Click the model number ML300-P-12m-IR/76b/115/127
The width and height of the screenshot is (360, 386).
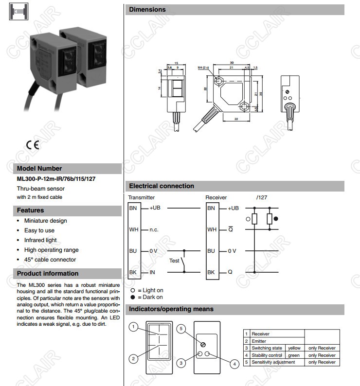pyautogui.click(x=56, y=179)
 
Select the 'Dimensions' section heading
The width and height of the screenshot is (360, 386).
pyautogui.click(x=147, y=10)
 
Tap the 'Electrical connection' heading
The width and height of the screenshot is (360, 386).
pyautogui.click(x=162, y=186)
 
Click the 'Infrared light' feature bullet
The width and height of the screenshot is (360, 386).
pyautogui.click(x=40, y=240)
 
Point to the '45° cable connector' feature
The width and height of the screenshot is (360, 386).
pyautogui.click(x=50, y=260)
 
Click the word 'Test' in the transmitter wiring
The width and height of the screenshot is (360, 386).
pyautogui.click(x=174, y=261)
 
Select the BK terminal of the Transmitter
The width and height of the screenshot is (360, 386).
pyautogui.click(x=133, y=272)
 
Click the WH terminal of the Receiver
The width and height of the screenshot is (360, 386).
pyautogui.click(x=211, y=229)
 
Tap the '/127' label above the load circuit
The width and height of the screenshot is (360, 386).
pyautogui.click(x=261, y=198)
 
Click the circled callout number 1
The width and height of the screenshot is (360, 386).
pyautogui.click(x=132, y=327)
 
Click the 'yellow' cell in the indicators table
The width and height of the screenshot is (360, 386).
pyautogui.click(x=294, y=348)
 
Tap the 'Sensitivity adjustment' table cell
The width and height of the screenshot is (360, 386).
pyautogui.click(x=273, y=362)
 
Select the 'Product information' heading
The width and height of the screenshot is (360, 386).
pyautogui.click(x=48, y=273)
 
